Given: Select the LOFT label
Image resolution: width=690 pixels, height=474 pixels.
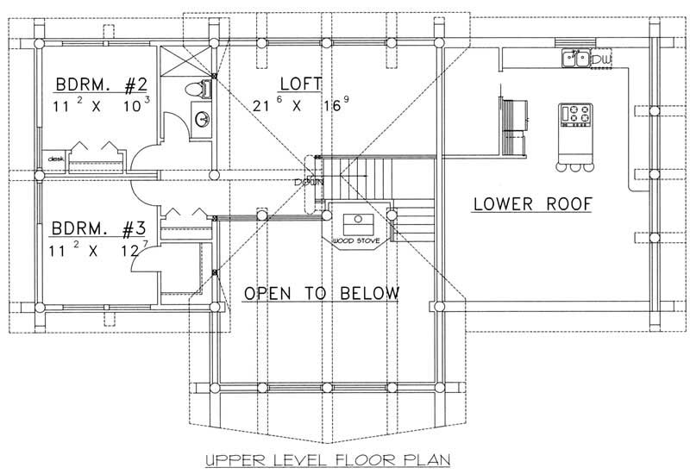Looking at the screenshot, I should click(301, 84).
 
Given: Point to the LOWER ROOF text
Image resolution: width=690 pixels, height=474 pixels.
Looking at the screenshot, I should click(532, 204).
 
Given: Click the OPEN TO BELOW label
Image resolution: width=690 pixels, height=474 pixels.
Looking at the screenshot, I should click(321, 294).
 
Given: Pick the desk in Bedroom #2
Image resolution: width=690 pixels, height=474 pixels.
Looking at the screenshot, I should click(57, 159).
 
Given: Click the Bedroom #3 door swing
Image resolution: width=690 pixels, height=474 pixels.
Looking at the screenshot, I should click(141, 259).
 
